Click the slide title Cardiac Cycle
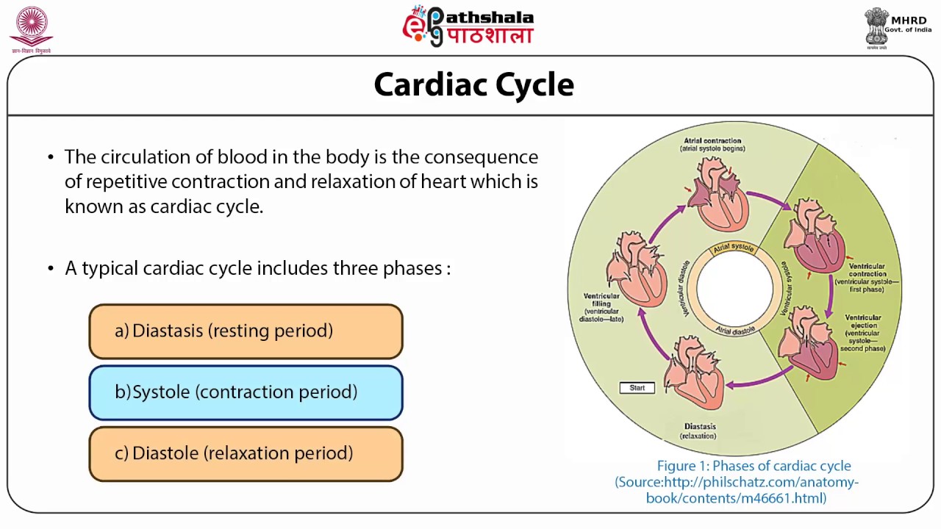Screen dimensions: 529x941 click(x=473, y=84)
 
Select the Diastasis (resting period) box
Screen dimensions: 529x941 click(x=246, y=331)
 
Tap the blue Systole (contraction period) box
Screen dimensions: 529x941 click(x=246, y=392)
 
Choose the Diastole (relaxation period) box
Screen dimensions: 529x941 click(x=246, y=453)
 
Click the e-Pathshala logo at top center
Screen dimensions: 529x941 click(x=468, y=26)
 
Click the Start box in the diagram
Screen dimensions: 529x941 click(x=637, y=388)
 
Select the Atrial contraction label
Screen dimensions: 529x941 click(x=712, y=144)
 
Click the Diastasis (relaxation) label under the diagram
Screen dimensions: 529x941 click(x=699, y=431)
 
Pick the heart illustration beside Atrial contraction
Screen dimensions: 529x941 click(x=720, y=195)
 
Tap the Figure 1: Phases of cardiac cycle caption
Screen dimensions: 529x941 click(x=754, y=466)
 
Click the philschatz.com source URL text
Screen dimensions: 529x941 click(x=737, y=490)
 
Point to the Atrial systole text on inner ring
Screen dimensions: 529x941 click(x=734, y=248)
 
